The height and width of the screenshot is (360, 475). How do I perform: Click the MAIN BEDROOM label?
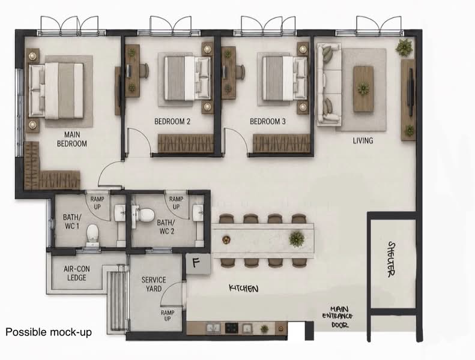pos(72,139)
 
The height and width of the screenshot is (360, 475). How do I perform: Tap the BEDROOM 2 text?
pos(172,121)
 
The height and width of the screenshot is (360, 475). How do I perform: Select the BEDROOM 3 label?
pos(267,121)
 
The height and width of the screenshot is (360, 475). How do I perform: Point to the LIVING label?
pos(363,140)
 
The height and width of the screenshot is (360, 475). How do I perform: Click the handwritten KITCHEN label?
pos(244,288)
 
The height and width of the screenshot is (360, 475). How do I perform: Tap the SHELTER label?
pos(392,259)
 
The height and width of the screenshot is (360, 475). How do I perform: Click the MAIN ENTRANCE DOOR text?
pos(337,317)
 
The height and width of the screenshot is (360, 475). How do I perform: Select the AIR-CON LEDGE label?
pos(77,273)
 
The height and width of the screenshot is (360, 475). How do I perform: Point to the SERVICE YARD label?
pos(154,284)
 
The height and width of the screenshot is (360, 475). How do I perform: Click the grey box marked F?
pos(198,264)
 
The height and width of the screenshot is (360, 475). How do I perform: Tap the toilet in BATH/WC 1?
pos(92,236)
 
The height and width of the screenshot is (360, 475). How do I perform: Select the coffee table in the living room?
pos(363,89)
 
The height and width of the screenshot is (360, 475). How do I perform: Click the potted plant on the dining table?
pos(297,239)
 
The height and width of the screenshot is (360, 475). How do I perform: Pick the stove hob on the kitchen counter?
pos(231,328)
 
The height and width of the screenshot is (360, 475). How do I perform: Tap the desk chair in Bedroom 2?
pos(144,71)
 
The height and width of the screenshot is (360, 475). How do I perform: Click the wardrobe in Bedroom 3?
pos(282,143)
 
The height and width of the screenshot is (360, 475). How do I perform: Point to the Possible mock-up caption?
pos(49,332)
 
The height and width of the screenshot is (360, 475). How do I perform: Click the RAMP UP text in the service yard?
pos(168,316)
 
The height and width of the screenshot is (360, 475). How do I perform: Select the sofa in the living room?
pos(328,85)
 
